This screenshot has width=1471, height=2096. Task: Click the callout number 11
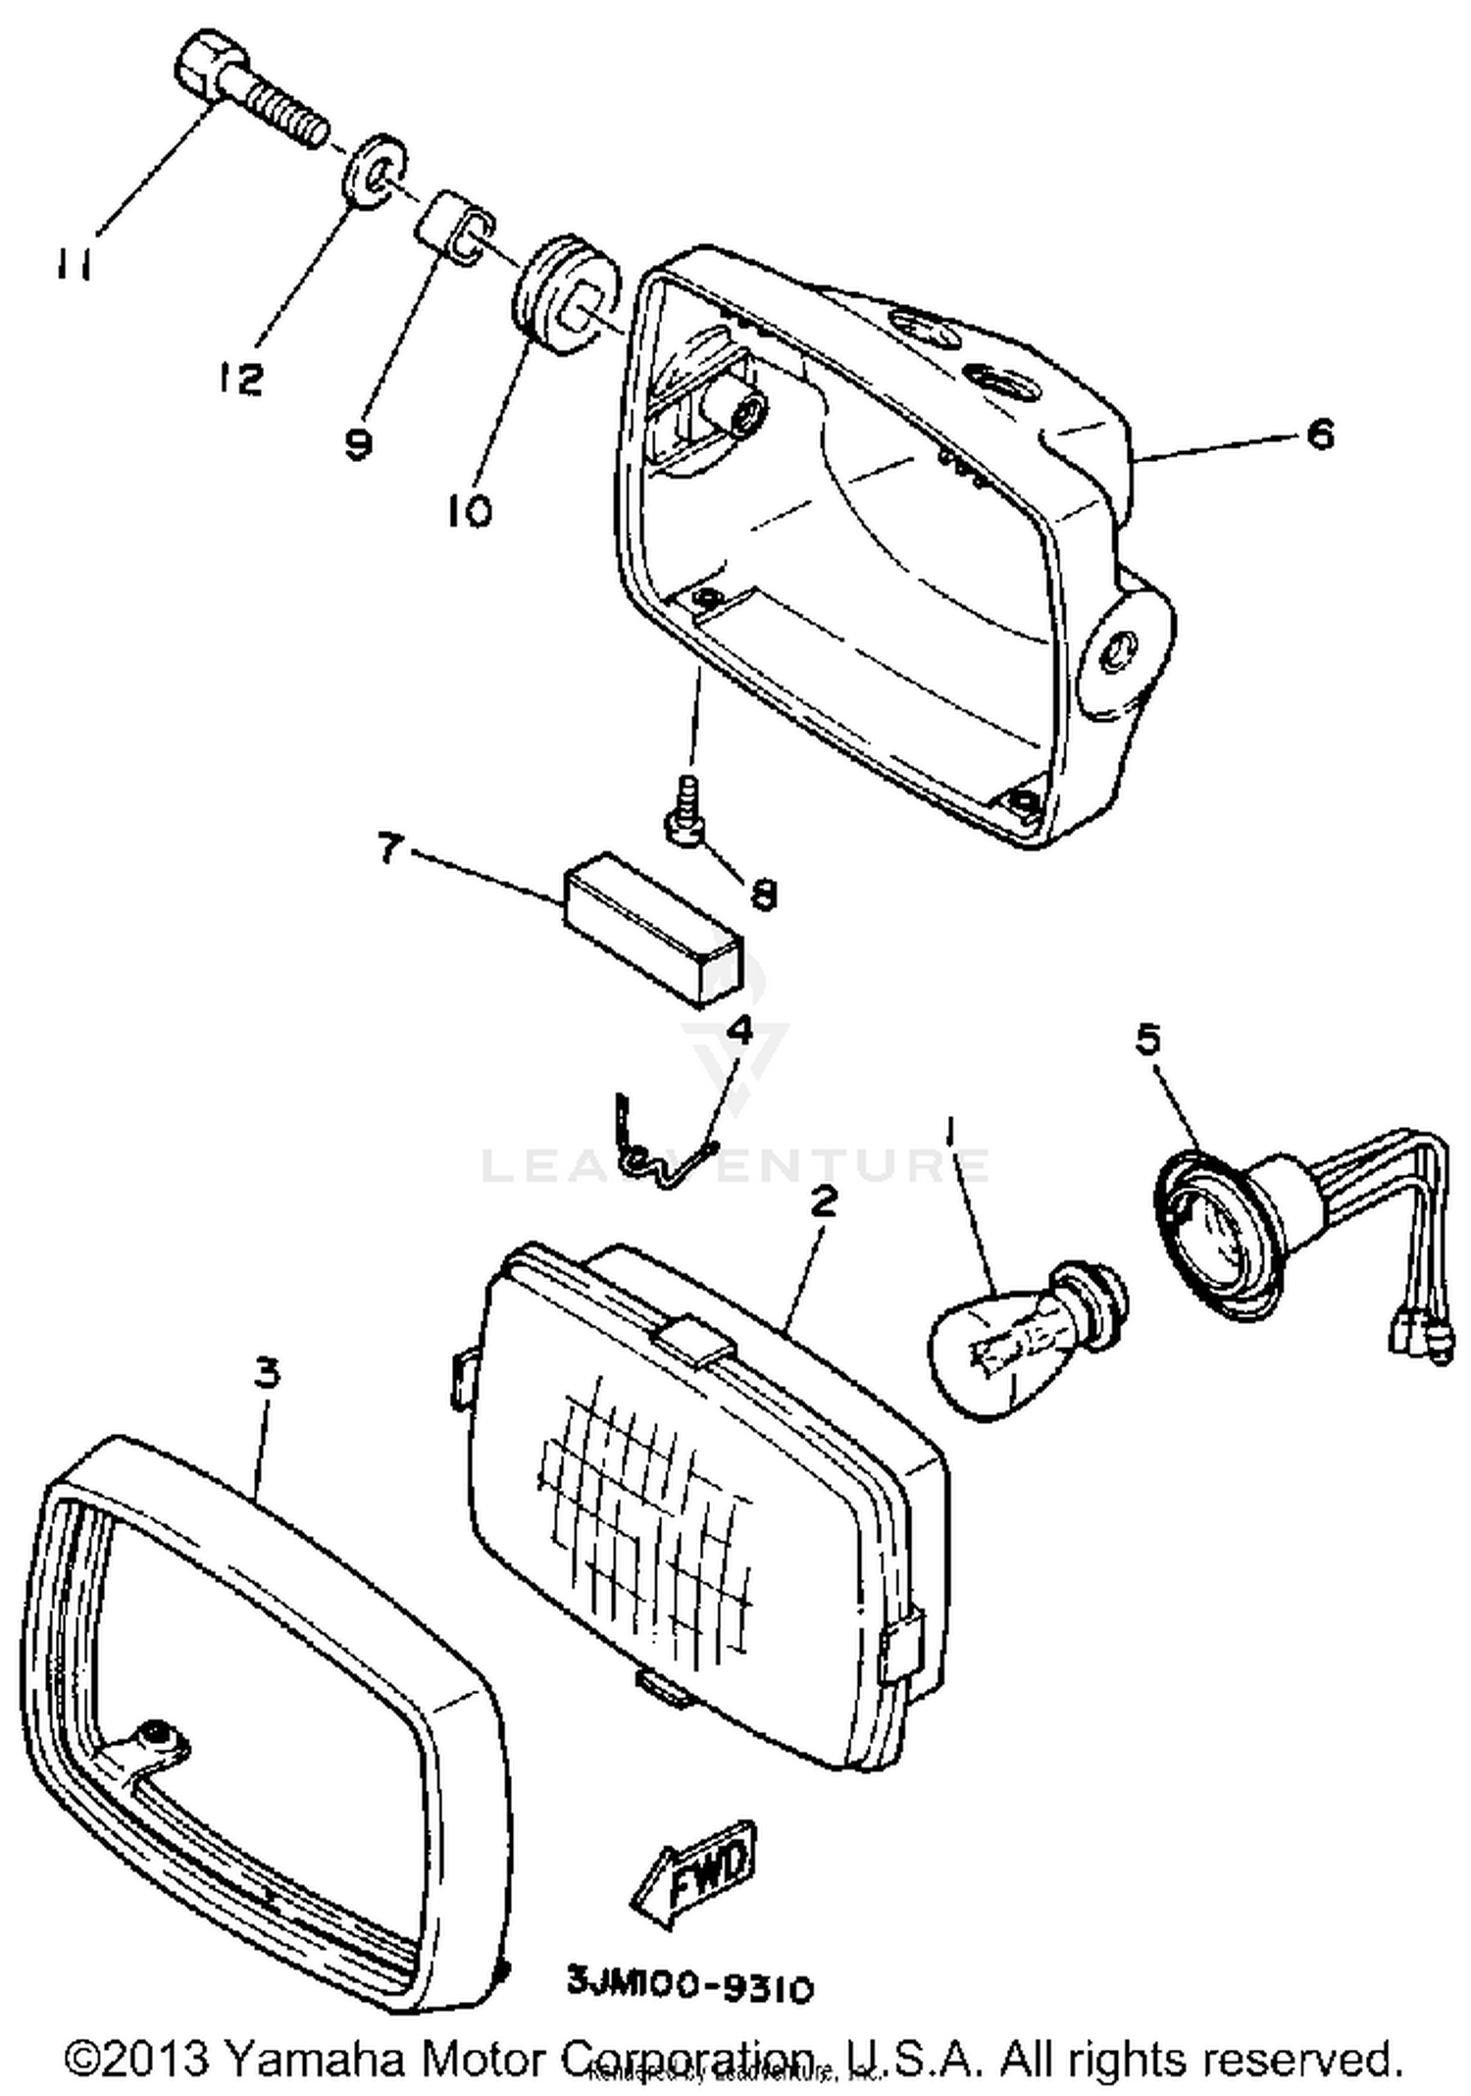[75, 263]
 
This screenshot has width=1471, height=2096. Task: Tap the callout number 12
[240, 377]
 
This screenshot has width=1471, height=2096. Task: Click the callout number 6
[1321, 433]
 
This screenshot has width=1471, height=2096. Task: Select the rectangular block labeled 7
[653, 928]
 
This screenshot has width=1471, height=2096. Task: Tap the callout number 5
[1147, 1039]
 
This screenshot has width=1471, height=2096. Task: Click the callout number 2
[824, 1201]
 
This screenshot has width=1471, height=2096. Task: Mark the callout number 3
[266, 1373]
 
